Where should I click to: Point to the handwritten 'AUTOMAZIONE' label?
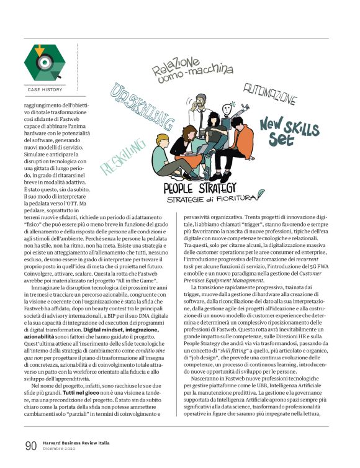(269, 95)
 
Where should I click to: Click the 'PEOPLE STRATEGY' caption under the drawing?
(199, 187)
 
